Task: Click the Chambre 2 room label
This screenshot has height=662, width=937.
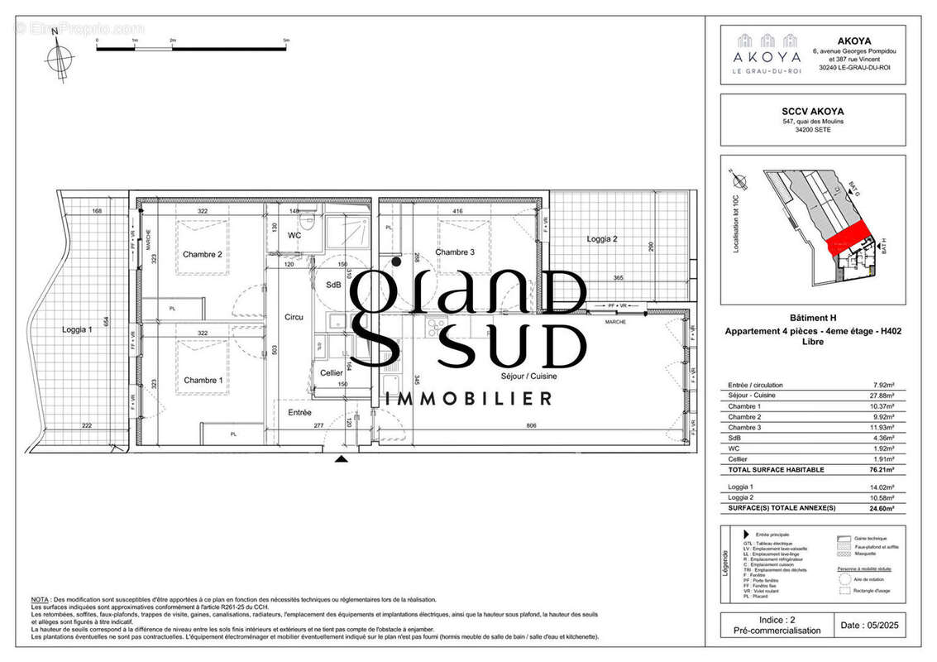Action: (203, 254)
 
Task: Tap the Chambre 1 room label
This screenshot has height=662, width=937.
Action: (203, 381)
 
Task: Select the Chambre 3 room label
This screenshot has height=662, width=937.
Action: (455, 252)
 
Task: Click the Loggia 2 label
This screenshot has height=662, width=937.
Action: (602, 239)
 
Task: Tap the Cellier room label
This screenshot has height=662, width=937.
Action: (332, 373)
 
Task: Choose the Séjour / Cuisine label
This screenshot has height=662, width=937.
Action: (528, 376)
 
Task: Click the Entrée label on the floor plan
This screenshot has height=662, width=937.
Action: (299, 412)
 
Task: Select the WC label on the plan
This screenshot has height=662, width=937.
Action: (294, 236)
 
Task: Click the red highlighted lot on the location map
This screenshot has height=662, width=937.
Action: (849, 237)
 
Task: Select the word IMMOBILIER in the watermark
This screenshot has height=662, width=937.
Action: (469, 399)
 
